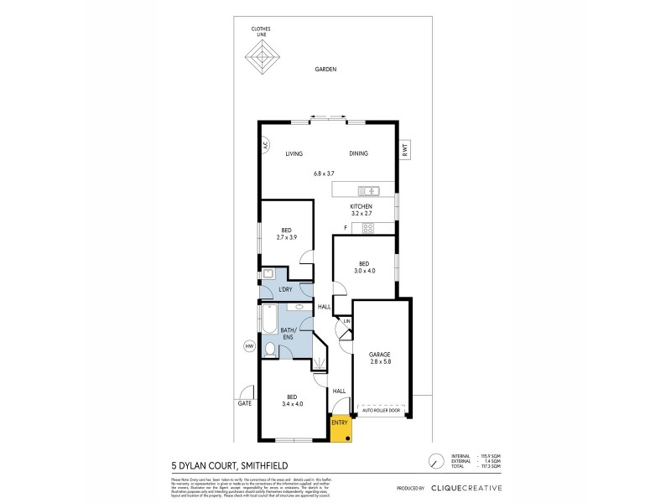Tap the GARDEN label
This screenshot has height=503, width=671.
click(x=325, y=70)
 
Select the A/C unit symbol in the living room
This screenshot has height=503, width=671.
click(x=263, y=144)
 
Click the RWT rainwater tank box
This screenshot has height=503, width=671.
click(x=404, y=151)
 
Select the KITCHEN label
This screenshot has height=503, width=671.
click(x=362, y=206)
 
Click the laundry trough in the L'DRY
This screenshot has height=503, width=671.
click(x=268, y=274)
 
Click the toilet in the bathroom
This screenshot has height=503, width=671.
click(x=269, y=349)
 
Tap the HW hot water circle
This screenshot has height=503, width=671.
click(x=248, y=345)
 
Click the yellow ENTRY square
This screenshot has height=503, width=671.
click(x=340, y=427)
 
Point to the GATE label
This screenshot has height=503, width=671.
click(x=244, y=403)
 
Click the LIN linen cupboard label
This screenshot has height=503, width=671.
click(x=346, y=321)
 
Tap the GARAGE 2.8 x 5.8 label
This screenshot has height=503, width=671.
click(x=380, y=358)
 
